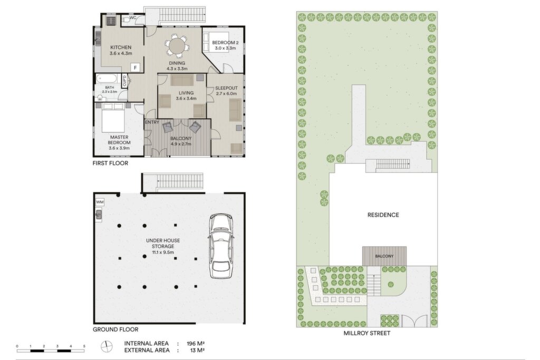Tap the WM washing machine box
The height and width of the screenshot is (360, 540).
[x=100, y=202]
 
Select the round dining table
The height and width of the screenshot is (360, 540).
[x=176, y=46]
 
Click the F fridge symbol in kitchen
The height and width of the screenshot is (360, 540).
[x=136, y=67]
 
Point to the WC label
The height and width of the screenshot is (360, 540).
[x=133, y=18]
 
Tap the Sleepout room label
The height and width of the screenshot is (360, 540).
[x=226, y=88]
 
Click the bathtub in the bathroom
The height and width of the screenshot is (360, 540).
[x=107, y=79]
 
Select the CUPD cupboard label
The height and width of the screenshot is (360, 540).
[x=124, y=81]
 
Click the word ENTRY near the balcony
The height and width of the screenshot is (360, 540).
[x=152, y=122]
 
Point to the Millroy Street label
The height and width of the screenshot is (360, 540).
[x=367, y=333]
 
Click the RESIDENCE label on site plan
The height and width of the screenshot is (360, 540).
[x=383, y=215]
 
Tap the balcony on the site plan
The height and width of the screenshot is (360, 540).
[x=384, y=256]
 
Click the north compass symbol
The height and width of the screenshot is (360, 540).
[x=107, y=346]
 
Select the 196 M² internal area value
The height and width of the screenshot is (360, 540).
[x=196, y=344]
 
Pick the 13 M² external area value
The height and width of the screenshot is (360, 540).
[x=197, y=351]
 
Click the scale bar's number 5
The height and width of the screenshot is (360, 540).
[x=84, y=346]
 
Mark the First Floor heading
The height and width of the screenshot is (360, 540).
[x=110, y=163]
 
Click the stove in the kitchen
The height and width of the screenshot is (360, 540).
[x=111, y=21]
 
